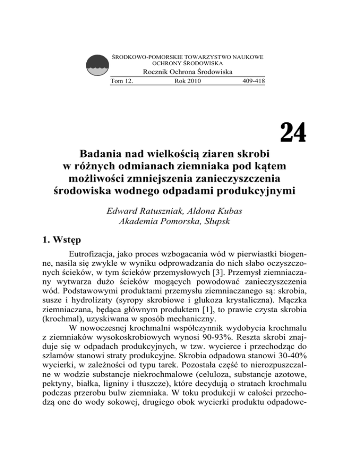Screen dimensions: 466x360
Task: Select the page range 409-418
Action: [253, 81]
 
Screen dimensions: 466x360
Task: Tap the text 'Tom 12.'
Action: [121, 81]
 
